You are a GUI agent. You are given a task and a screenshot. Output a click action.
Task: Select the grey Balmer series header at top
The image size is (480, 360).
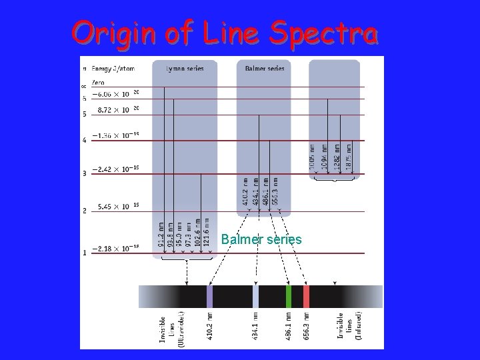point(265,69)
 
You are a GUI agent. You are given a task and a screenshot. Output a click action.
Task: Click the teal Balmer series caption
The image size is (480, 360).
point(261,239)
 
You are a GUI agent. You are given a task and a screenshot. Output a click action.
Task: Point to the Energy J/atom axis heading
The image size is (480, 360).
point(113,69)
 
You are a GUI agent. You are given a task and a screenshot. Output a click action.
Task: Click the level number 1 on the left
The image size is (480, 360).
point(84,253)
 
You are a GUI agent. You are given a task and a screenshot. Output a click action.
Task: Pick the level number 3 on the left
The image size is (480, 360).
point(84,174)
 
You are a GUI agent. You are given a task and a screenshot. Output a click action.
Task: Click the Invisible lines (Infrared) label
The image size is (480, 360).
point(349,327)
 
